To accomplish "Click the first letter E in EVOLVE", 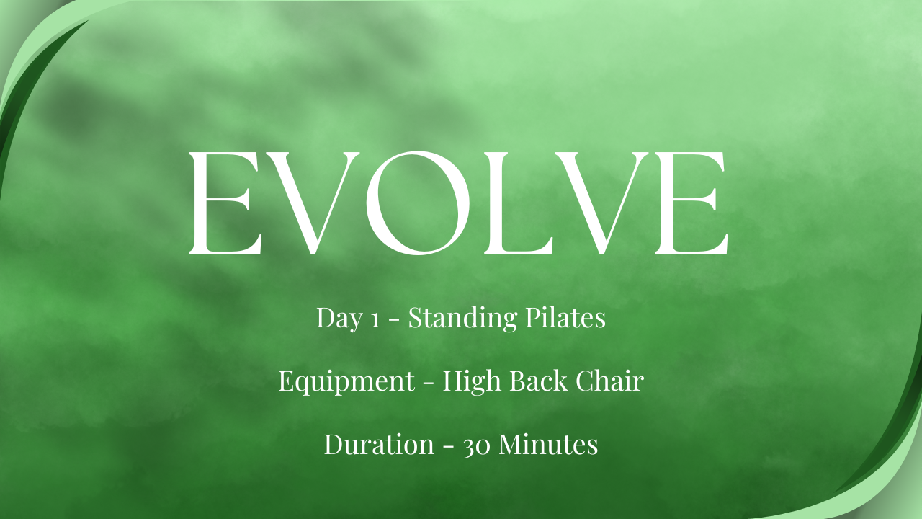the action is (x=225, y=203).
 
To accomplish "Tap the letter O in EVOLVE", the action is (x=418, y=203).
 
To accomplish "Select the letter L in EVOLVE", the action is (x=518, y=203).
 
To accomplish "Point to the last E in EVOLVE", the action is (x=692, y=203).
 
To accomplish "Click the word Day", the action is (x=339, y=319).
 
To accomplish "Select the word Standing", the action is (x=462, y=319).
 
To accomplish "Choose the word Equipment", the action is (x=346, y=382).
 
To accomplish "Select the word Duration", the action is (x=379, y=443).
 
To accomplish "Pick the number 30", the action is (x=477, y=446).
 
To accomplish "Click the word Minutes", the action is (x=548, y=443).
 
